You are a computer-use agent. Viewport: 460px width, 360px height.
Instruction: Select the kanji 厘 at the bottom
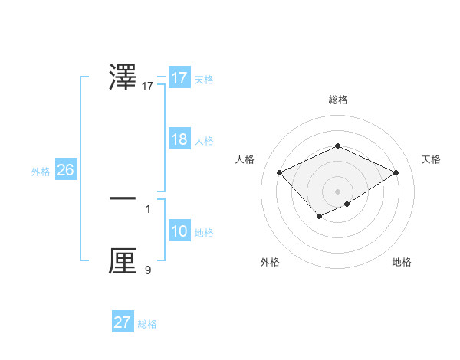click(123, 260)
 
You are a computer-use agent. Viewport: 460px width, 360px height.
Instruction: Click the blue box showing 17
click(179, 78)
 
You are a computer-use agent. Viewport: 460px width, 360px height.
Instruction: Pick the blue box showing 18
click(179, 139)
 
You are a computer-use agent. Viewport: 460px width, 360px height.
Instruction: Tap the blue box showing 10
click(179, 231)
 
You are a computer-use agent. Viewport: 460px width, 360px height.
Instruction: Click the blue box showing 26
click(65, 170)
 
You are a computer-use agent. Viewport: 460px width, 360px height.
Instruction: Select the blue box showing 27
click(123, 322)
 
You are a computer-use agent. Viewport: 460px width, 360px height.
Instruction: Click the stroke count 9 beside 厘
click(148, 270)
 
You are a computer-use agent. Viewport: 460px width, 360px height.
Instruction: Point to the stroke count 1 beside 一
click(148, 208)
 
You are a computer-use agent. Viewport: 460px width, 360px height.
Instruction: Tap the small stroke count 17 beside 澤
click(148, 87)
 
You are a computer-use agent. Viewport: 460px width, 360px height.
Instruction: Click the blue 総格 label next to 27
click(147, 324)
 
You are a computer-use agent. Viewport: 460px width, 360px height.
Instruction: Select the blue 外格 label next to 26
click(41, 172)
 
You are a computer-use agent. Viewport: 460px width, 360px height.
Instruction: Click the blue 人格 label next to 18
click(204, 141)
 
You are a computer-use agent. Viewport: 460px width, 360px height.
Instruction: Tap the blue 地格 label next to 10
click(204, 233)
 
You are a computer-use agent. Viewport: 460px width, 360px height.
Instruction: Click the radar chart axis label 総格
click(337, 100)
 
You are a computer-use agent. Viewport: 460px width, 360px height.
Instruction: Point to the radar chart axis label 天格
click(431, 159)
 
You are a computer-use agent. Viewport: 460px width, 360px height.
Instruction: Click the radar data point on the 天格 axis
click(396, 173)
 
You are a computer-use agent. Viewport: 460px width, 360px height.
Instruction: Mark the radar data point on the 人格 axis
click(280, 173)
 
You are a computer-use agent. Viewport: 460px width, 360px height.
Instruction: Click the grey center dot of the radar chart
click(337, 191)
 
